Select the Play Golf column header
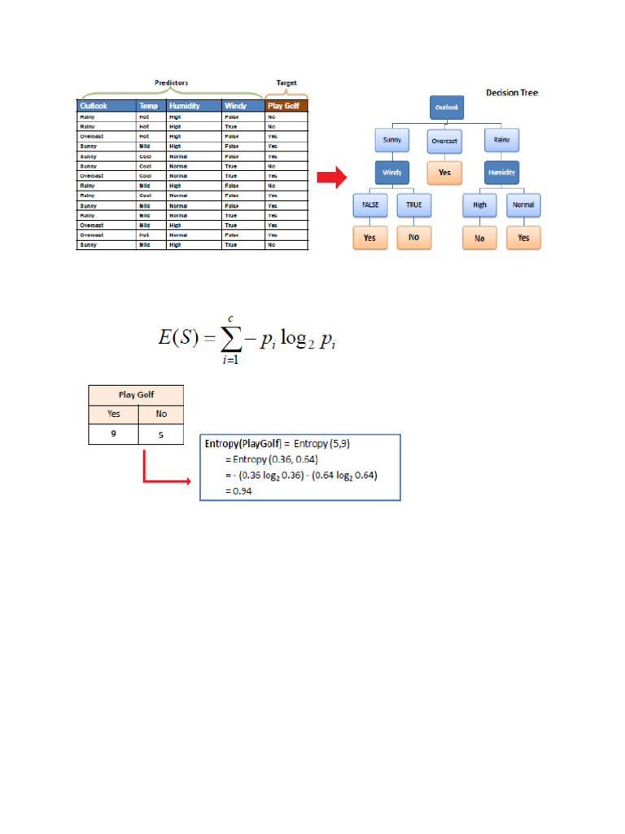[286, 106]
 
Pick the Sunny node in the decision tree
[392, 140]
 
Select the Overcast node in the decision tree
[444, 140]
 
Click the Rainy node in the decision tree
[501, 140]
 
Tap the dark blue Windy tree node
[392, 173]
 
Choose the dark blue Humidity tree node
[501, 173]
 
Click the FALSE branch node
[370, 204]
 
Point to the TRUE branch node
[414, 204]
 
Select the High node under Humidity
[479, 204]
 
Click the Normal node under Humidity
[523, 204]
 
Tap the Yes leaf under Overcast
[444, 173]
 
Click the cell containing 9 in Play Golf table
[113, 434]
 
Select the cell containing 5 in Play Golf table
[160, 434]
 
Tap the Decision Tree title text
[512, 93]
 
